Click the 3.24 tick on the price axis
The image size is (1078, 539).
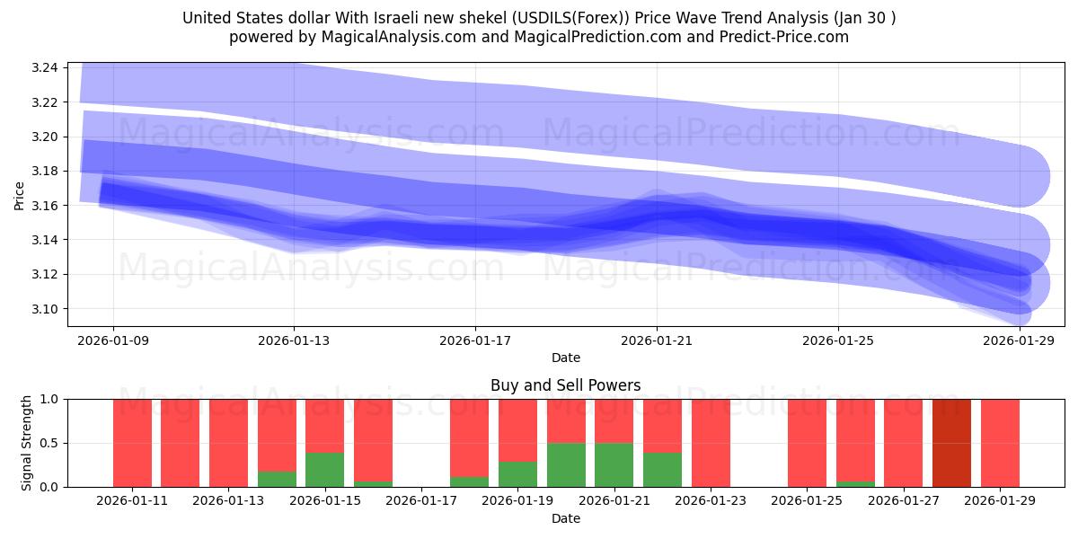45,68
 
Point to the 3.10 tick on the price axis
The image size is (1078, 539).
45,309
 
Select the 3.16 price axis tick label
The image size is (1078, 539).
45,206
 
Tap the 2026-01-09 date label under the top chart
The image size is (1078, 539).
113,340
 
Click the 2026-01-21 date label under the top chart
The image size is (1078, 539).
657,340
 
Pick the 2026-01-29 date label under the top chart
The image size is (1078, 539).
1020,340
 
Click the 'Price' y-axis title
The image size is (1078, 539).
20,195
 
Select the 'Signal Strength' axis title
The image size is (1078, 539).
27,443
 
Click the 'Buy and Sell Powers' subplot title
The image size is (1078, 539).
565,385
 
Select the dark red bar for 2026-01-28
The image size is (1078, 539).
951,443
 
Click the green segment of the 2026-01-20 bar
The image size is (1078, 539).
566,464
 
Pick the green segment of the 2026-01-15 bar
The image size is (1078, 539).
324,469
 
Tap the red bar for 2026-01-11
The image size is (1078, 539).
132,443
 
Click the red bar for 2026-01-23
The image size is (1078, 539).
711,443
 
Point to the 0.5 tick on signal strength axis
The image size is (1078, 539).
49,443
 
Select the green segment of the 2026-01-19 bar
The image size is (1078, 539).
517,473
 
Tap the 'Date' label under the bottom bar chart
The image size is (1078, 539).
565,518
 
